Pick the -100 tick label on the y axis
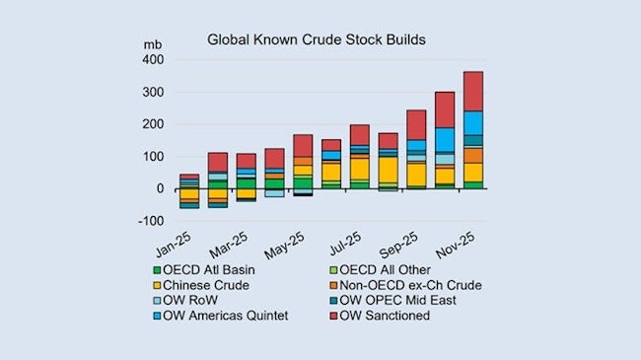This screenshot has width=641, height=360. [x=150, y=220]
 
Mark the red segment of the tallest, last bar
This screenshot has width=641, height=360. [x=473, y=91]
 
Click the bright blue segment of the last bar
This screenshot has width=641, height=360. [x=473, y=122]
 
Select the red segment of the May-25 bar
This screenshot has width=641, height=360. [x=303, y=145]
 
